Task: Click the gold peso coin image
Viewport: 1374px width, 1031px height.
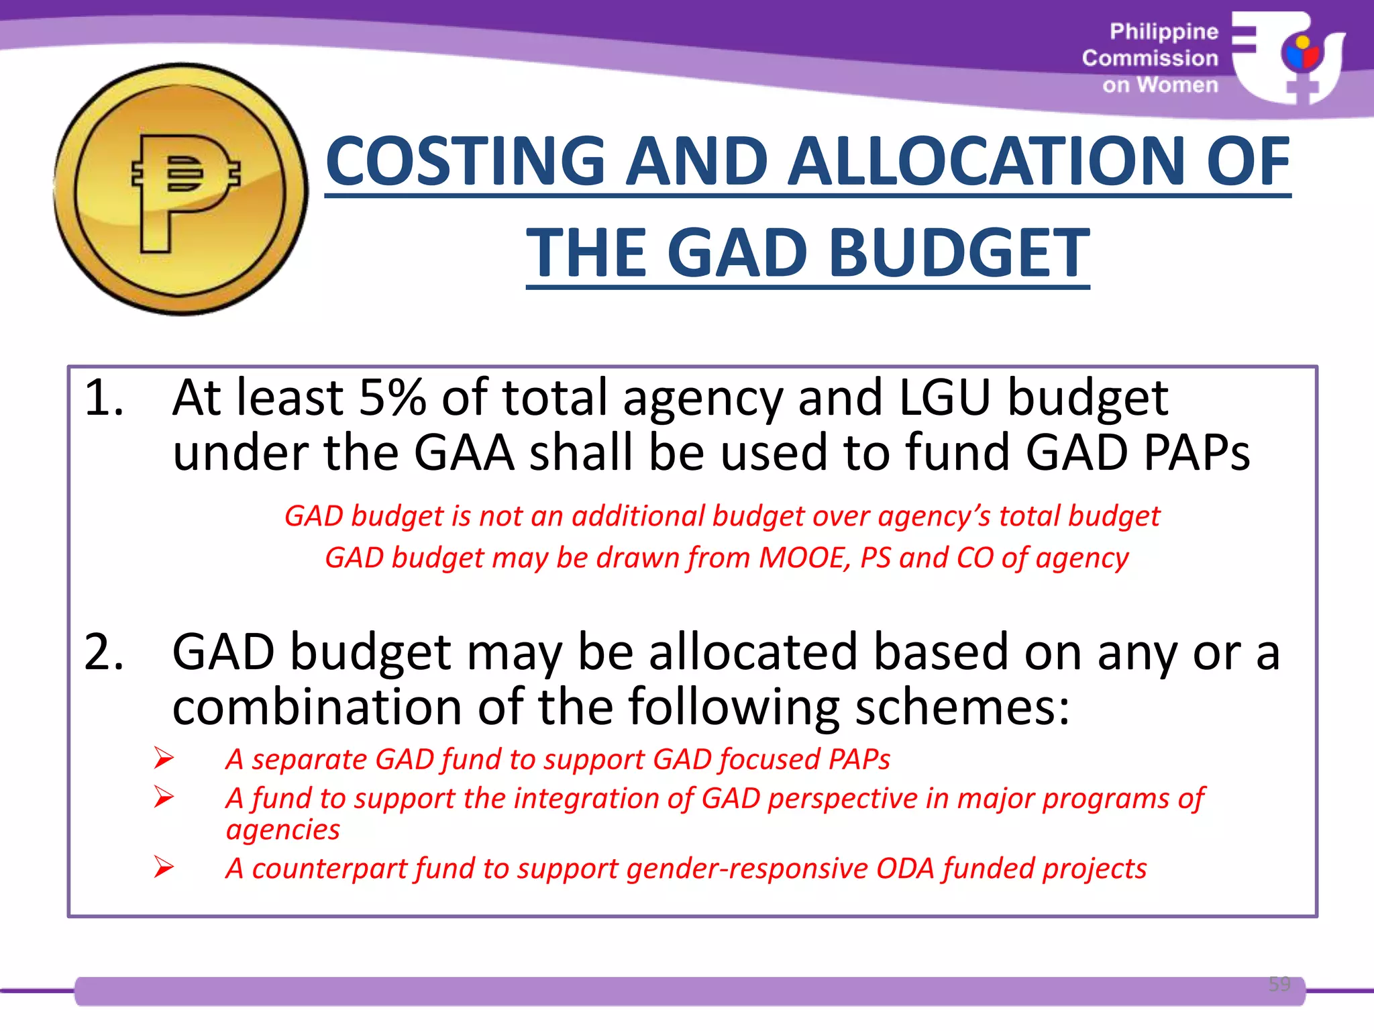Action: coord(180,189)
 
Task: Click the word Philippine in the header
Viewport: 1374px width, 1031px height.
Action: coord(1163,32)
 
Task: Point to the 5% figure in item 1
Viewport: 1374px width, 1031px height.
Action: coord(392,398)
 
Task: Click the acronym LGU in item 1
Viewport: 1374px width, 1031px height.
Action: coord(944,398)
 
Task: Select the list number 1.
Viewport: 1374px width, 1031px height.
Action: coord(104,398)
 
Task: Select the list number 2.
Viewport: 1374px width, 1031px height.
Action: coord(104,652)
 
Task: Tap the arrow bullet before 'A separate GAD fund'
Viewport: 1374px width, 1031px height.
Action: coord(163,758)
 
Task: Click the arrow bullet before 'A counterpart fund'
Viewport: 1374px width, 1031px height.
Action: coord(163,867)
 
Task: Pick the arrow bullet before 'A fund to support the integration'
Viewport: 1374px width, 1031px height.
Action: coord(163,797)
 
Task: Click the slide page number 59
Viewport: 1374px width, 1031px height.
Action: coord(1279,984)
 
